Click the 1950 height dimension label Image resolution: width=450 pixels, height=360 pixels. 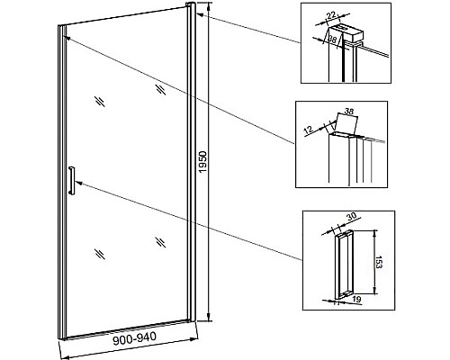pos(203,162)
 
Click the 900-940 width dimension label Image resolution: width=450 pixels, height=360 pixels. pos(135,338)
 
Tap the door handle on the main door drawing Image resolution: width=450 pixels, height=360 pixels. pos(72,181)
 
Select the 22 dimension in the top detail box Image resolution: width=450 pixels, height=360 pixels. pos(331,16)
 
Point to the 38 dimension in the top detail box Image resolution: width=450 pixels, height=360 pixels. pos(332,39)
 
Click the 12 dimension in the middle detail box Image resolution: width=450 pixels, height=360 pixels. pos(309,130)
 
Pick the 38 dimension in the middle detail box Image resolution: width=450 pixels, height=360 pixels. pos(349,111)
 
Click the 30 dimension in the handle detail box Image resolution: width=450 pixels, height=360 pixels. pos(351,216)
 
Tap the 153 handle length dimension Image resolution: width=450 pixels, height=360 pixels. pos(379,262)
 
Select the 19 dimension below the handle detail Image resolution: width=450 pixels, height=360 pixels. pos(356,299)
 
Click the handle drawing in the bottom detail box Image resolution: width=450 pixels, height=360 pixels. pos(344,265)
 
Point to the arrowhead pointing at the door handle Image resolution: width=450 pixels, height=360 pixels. pos(79,182)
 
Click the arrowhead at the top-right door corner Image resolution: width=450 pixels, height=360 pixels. pos(200,14)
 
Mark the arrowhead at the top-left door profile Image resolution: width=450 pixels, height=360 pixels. pos(67,38)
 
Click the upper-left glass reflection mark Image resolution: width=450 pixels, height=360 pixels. pos(100,101)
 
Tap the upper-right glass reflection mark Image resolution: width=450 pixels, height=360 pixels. pos(161,90)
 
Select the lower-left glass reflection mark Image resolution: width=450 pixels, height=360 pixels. pos(100,254)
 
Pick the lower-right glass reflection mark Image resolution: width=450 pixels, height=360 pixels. pos(161,242)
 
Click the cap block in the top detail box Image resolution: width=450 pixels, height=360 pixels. pos(347,32)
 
